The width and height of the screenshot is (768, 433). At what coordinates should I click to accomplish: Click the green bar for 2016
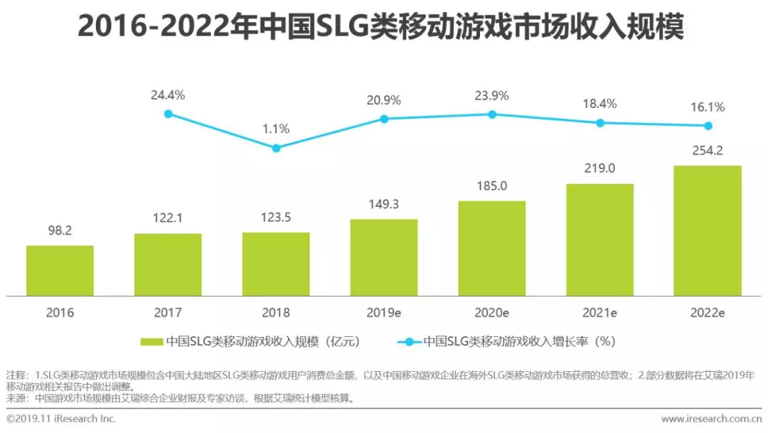60,270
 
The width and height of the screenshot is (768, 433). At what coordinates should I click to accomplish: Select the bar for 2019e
384,257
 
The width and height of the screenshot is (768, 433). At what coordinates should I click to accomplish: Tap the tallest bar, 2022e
708,230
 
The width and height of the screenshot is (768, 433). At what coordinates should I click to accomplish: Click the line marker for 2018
276,148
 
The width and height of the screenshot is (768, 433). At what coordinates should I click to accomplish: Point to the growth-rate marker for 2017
168,113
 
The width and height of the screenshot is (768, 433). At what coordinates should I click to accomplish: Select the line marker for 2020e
491,114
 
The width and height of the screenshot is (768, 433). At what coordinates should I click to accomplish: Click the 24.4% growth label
168,94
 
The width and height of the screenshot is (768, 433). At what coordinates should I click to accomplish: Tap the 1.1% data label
276,129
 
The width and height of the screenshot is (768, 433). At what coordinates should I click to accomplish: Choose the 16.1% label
708,107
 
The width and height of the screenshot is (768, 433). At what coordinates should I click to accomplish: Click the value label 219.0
599,169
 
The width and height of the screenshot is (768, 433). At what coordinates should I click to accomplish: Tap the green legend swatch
151,341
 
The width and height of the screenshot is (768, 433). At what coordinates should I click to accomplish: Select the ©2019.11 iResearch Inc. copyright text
60,419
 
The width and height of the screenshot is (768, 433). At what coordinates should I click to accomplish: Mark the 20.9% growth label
384,100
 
